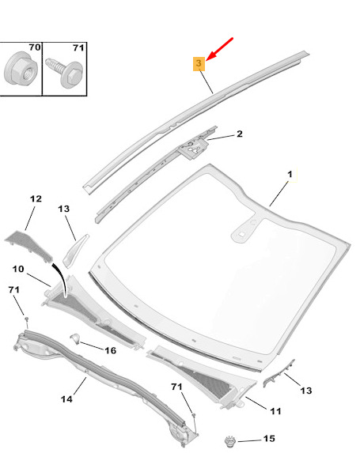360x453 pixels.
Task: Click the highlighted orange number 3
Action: tap(199, 63)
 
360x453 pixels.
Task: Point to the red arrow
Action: tap(220, 49)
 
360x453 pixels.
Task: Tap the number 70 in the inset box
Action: tap(34, 47)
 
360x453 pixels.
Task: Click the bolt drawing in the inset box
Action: tap(64, 72)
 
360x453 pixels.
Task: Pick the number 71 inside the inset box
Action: tap(78, 47)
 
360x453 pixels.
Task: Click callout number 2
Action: tap(240, 134)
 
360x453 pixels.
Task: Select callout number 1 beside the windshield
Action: tap(290, 174)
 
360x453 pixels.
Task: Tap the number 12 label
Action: tap(36, 198)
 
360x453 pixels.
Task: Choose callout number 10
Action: tap(18, 269)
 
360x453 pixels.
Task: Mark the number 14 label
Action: tap(66, 399)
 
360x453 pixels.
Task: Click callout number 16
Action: tap(110, 351)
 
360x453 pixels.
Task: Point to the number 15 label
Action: tap(269, 439)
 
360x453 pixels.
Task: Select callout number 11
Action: tap(275, 411)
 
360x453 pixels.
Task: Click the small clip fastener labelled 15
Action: tap(230, 441)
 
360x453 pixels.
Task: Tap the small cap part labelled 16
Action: tap(75, 338)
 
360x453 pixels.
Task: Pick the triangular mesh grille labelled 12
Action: tap(28, 244)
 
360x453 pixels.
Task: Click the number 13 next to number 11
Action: tap(306, 391)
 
